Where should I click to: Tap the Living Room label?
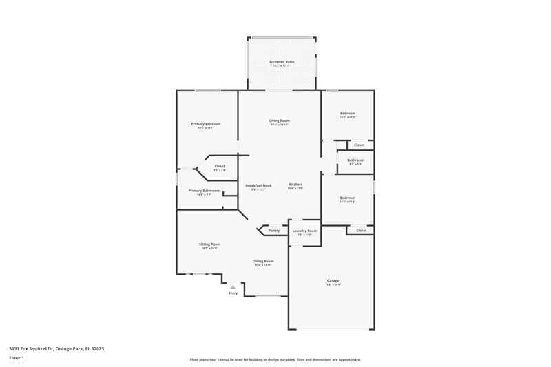point(279,120)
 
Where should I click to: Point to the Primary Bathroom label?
point(204,190)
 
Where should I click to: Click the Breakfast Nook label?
point(259,185)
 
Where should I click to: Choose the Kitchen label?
point(295,185)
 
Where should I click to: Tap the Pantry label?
point(273,231)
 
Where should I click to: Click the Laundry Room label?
point(304,231)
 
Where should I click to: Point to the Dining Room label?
point(263,261)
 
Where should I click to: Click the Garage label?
point(333,280)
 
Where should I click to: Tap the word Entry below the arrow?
point(233,294)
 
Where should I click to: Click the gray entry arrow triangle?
point(233,286)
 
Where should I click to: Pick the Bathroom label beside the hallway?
point(355,160)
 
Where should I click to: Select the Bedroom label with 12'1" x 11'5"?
point(347,113)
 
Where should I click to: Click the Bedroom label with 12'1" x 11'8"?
point(347,198)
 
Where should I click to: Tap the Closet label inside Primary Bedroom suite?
point(220,166)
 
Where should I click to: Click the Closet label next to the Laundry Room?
point(361,231)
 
